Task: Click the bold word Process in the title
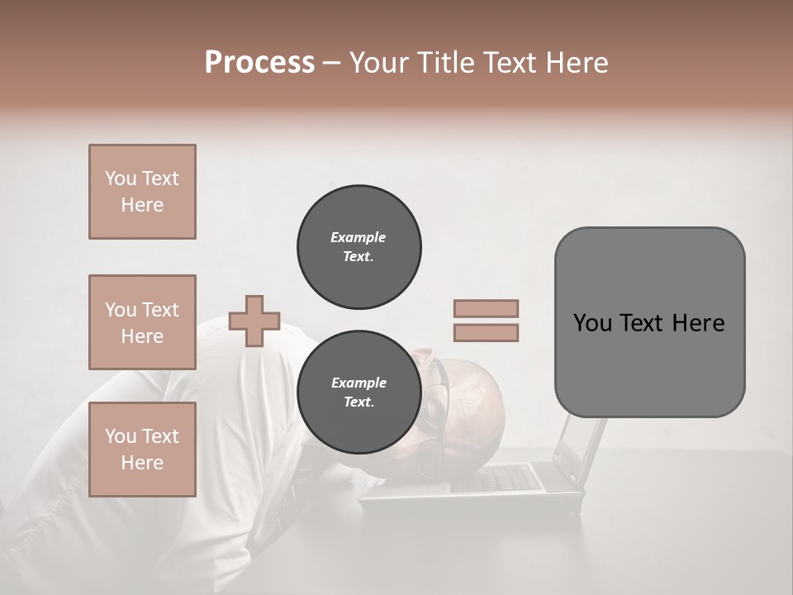point(259,63)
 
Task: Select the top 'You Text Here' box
point(142,192)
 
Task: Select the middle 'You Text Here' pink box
point(142,322)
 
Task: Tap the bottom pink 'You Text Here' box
point(142,450)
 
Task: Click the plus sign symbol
point(254,321)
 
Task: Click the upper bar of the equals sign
point(486,309)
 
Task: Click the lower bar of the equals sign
point(486,333)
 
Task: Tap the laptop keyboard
point(504,478)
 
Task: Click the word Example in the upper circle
point(359,237)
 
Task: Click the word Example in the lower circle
point(359,383)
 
